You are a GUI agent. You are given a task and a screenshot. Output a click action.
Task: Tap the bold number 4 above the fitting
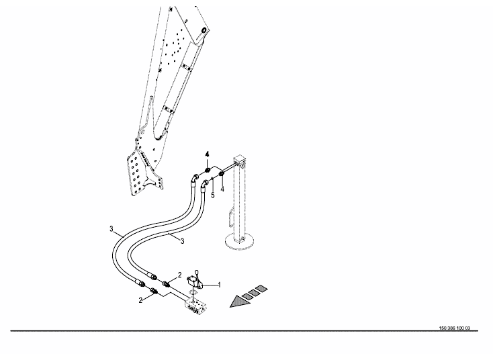(x=208, y=155)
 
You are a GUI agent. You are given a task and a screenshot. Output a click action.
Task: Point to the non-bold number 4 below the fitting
(x=222, y=191)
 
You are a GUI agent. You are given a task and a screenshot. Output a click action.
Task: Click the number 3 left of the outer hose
(x=111, y=230)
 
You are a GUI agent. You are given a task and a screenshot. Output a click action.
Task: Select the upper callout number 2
(x=180, y=275)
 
